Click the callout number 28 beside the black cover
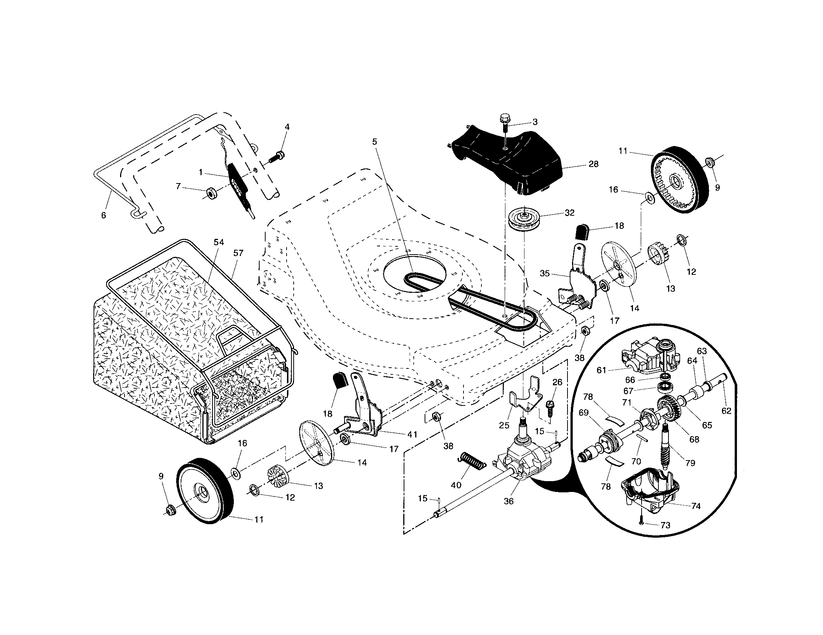[x=593, y=164]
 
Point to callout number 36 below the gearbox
[x=508, y=501]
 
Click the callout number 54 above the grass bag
[x=218, y=242]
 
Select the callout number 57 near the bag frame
[x=238, y=253]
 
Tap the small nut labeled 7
[x=212, y=194]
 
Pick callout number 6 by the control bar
[x=104, y=215]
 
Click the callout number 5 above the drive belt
[x=374, y=142]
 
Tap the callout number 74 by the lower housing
[x=696, y=506]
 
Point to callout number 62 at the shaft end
[x=726, y=411]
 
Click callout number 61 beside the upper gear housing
[x=601, y=370]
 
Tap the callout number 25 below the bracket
[x=504, y=425]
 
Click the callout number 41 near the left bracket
[x=412, y=434]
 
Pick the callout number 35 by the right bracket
[x=545, y=273]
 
